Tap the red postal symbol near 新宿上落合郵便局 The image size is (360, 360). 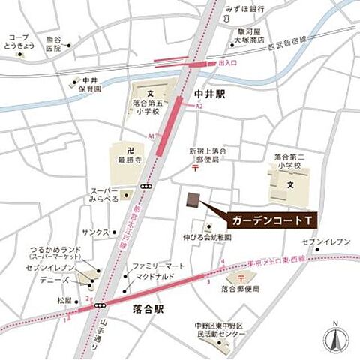pyautogui.click(x=195, y=170)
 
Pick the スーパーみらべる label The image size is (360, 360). pyautogui.click(x=106, y=196)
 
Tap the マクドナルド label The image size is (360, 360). pyautogui.click(x=155, y=275)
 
